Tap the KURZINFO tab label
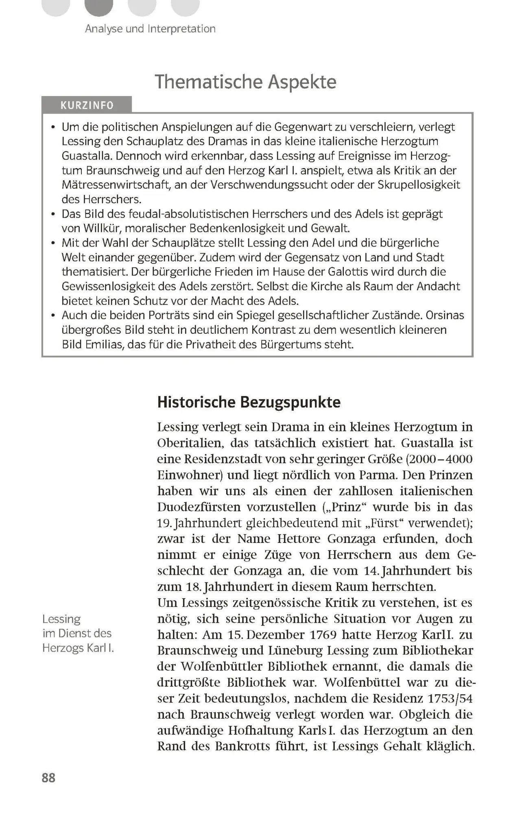(x=87, y=105)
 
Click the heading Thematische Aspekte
(x=245, y=82)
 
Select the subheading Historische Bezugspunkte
(x=249, y=402)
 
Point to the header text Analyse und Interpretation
(x=150, y=29)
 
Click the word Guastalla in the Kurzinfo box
(x=85, y=156)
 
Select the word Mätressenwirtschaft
(x=115, y=185)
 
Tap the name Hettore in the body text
(x=299, y=539)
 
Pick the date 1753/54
(x=450, y=698)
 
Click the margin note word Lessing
(x=61, y=619)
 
